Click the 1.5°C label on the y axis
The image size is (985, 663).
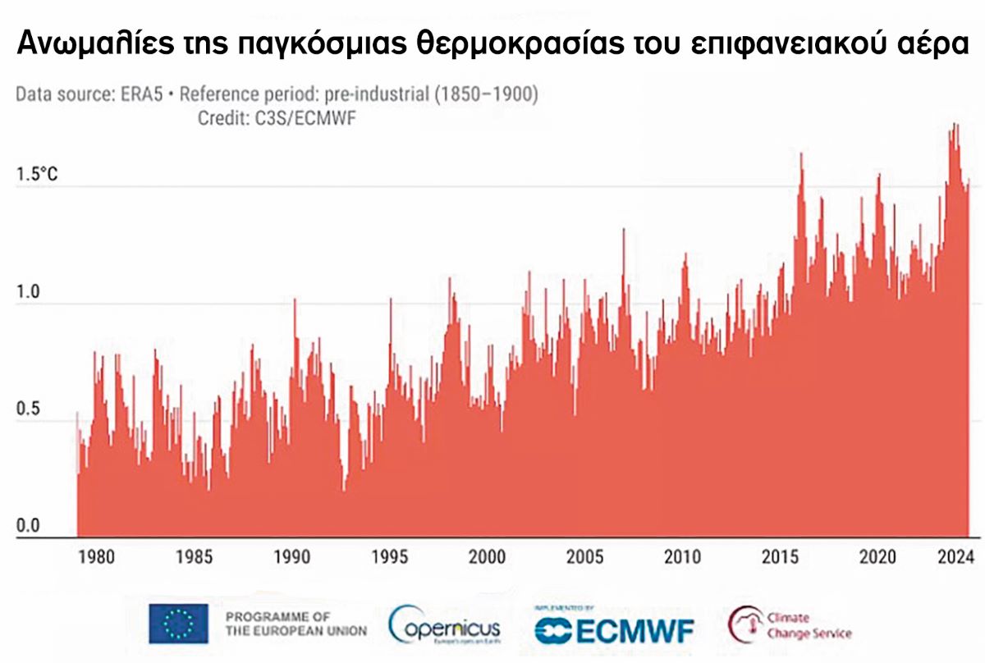34,175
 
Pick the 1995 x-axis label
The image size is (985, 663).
389,558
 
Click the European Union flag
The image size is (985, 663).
178,623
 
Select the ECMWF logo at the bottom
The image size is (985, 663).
614,629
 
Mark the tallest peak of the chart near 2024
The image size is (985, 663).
955,126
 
